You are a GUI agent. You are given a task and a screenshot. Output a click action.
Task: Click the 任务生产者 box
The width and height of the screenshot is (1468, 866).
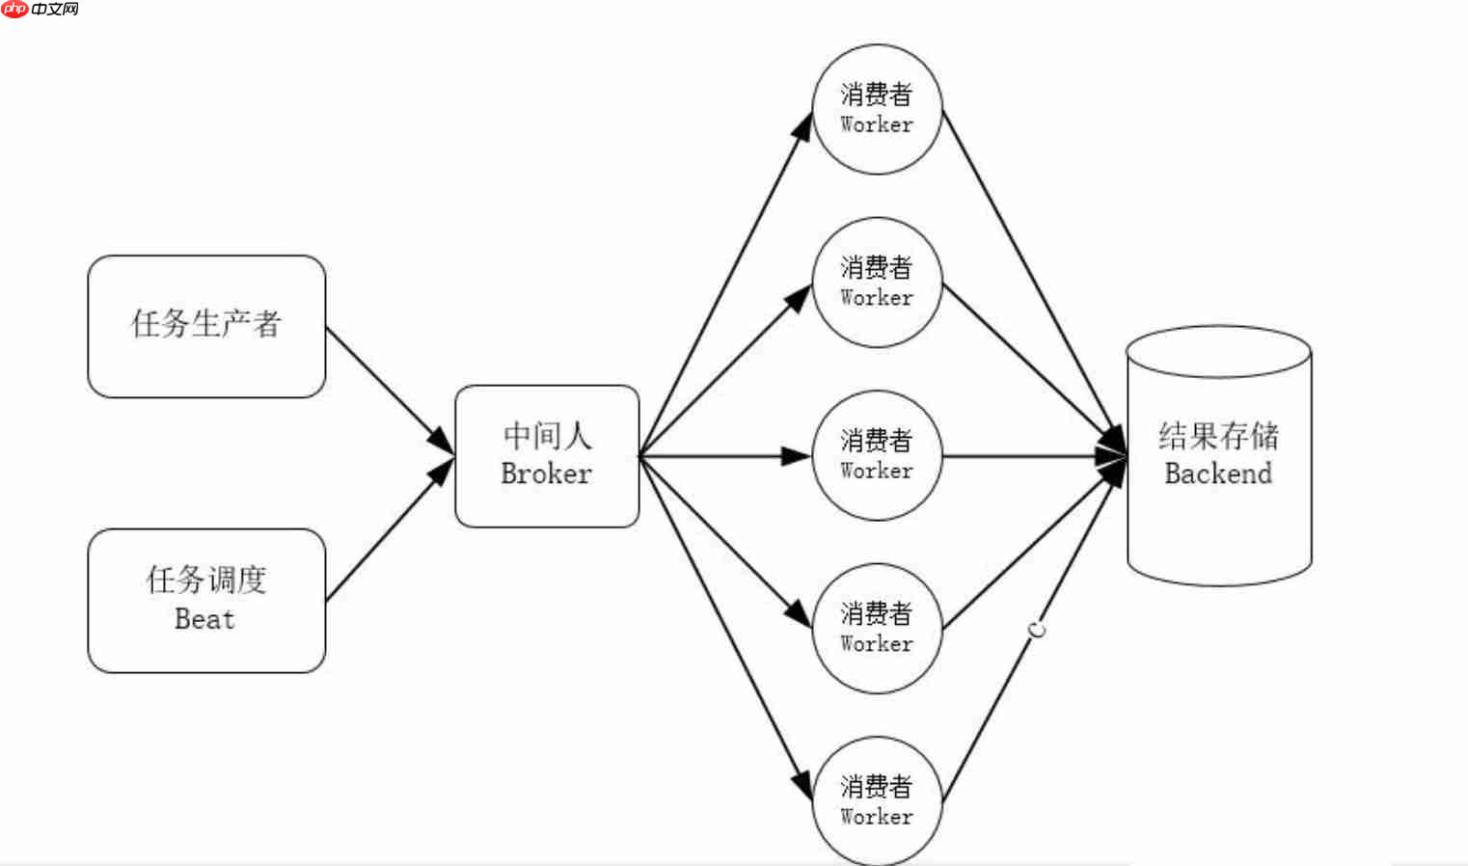tap(206, 326)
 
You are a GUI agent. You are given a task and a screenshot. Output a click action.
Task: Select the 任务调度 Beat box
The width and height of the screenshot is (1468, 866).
tap(206, 600)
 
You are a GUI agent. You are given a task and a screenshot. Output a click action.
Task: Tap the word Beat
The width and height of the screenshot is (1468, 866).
tap(204, 619)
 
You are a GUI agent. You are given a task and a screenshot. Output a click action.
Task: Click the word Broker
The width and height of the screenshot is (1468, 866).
tap(546, 474)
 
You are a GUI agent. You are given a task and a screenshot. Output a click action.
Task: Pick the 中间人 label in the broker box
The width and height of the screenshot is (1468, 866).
tap(547, 436)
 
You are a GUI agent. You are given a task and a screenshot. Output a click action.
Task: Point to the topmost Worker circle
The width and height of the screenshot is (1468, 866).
tap(877, 109)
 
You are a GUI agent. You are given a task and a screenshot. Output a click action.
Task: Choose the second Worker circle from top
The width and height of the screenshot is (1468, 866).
tap(877, 283)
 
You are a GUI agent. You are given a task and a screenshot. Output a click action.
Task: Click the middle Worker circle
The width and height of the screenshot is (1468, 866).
tap(877, 455)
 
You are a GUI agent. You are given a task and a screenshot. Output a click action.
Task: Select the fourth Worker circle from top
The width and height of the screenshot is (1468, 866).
tap(877, 629)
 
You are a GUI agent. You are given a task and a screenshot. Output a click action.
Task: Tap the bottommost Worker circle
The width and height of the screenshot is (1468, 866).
tap(877, 801)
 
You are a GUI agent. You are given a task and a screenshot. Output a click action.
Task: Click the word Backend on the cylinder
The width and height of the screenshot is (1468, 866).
tap(1218, 474)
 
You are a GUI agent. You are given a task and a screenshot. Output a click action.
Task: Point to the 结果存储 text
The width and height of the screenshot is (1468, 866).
tap(1218, 436)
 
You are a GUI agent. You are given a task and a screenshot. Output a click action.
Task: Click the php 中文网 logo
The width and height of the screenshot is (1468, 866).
tap(41, 10)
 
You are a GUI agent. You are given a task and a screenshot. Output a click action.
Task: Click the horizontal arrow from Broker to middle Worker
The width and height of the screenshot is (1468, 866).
tap(723, 455)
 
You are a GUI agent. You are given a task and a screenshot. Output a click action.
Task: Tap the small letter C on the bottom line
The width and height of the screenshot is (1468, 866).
tap(1037, 631)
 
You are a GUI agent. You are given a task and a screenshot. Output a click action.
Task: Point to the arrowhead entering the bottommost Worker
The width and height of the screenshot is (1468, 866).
tap(802, 785)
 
